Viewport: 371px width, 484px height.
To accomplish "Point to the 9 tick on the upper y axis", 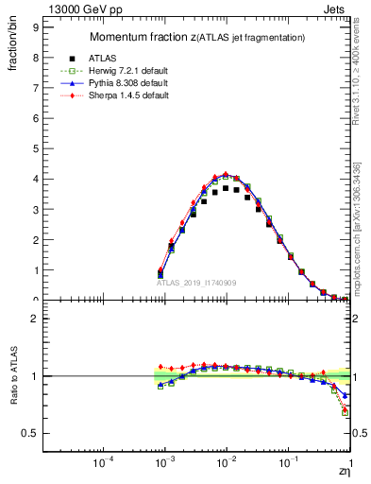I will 34,27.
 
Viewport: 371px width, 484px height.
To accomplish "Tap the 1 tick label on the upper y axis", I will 34,270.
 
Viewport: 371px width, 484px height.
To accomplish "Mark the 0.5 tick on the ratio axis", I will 29,433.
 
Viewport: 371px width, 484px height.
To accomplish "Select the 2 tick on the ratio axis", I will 34,319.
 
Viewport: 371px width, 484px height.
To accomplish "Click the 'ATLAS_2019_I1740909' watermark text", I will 195,283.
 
